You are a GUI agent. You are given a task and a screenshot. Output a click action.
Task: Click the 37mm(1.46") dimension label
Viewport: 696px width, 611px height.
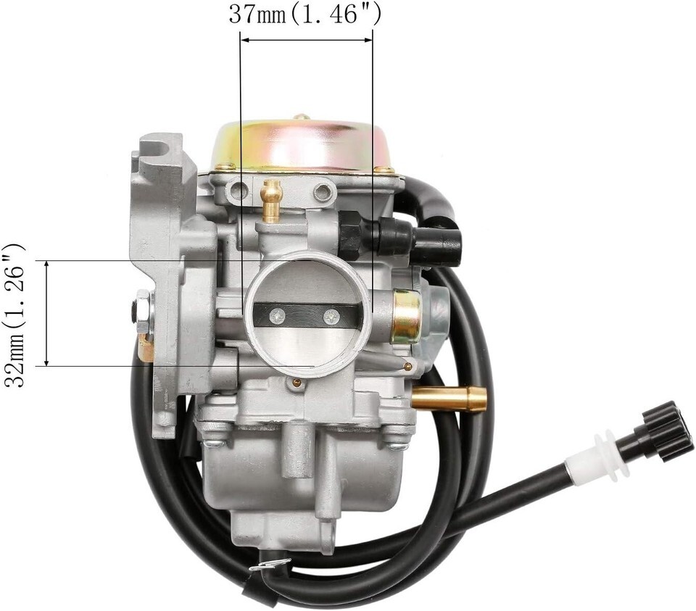[x=305, y=15]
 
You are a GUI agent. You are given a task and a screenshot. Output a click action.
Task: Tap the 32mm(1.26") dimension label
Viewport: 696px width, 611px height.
[x=14, y=315]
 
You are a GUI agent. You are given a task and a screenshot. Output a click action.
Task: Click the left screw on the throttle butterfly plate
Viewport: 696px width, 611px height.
[x=278, y=316]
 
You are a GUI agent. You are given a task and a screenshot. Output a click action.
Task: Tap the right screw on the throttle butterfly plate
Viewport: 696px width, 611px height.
[x=331, y=316]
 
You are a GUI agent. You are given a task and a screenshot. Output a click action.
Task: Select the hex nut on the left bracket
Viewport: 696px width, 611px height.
[x=143, y=309]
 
